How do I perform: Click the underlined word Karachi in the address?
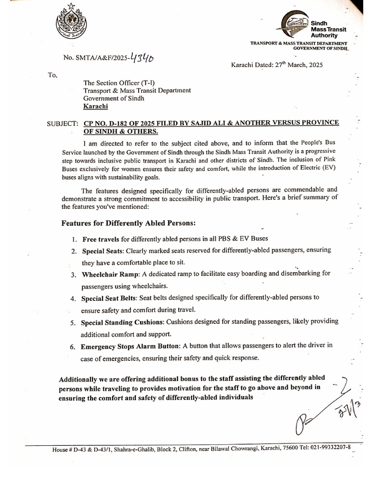pyautogui.click(x=95, y=106)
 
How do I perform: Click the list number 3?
pyautogui.click(x=73, y=275)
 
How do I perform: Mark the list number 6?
pyautogui.click(x=73, y=347)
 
